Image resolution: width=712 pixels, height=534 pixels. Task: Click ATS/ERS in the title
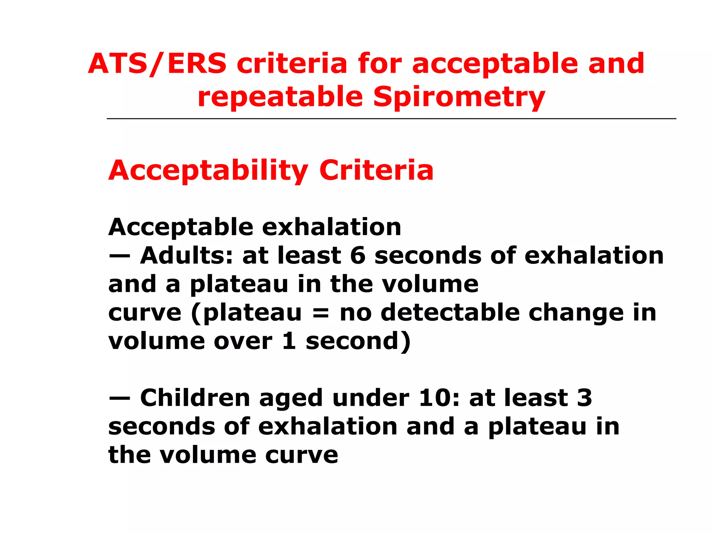(157, 64)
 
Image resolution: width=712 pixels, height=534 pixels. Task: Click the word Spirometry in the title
(459, 97)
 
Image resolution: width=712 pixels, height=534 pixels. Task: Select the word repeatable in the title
(280, 97)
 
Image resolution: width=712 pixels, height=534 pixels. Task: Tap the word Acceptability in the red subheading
(208, 171)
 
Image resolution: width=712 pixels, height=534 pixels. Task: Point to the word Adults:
(186, 256)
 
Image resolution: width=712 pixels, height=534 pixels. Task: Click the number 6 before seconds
(358, 256)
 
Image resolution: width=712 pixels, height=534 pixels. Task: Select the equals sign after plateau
(320, 313)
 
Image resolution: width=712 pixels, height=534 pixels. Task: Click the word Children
(195, 398)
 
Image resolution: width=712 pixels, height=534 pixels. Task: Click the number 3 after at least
(584, 398)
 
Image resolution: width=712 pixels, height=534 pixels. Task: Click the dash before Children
(120, 399)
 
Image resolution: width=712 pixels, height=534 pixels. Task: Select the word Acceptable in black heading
(181, 228)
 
